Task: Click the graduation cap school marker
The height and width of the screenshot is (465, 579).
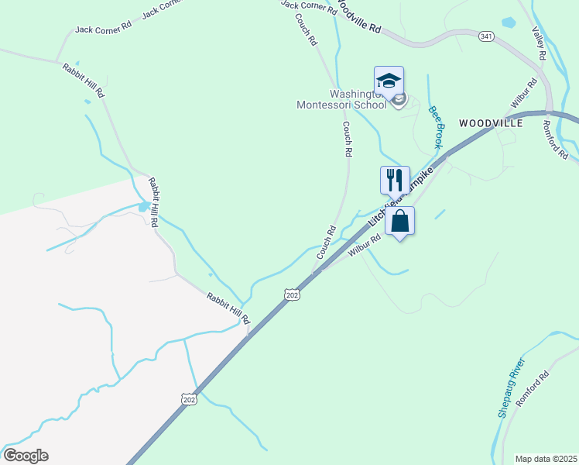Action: [389, 81]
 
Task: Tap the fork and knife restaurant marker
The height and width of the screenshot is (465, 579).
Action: [395, 180]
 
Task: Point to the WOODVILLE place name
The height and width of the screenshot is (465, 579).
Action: [491, 123]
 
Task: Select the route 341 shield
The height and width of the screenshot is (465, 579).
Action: [486, 36]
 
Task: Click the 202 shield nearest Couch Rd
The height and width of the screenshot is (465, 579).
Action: [292, 294]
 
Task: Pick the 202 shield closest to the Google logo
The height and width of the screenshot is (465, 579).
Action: [189, 398]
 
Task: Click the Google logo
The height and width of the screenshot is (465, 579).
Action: [26, 456]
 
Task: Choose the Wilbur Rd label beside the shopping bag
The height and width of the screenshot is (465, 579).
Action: [365, 246]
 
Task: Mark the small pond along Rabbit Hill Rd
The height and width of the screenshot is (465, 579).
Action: [144, 207]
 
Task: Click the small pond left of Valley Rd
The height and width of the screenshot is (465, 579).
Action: [508, 22]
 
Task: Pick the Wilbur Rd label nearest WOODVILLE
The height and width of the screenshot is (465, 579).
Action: [524, 93]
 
